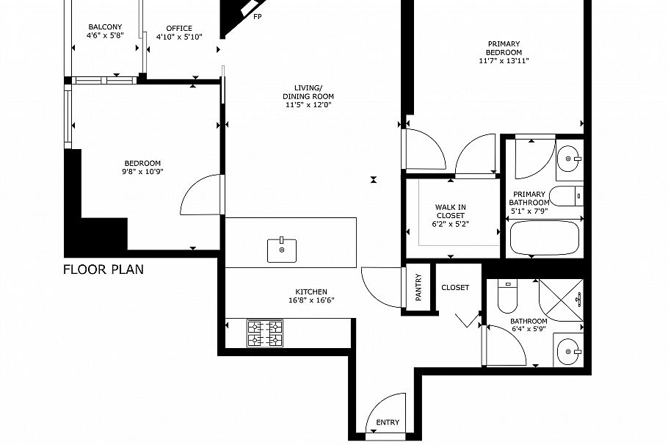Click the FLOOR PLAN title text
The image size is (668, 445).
click(x=103, y=269)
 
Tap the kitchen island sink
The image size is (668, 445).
click(x=282, y=250)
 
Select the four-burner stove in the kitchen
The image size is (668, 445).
click(x=265, y=333)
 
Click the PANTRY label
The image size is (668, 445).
click(x=418, y=289)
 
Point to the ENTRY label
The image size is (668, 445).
click(x=388, y=423)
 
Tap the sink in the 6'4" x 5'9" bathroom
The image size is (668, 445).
click(x=569, y=351)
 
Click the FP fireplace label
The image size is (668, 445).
click(x=257, y=15)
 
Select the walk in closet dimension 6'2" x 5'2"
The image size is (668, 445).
click(x=451, y=224)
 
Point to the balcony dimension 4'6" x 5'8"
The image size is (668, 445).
click(x=104, y=35)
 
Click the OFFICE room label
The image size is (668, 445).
click(x=179, y=28)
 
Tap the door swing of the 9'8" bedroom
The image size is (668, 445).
click(x=198, y=191)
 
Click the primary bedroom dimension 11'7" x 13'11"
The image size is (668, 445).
click(x=504, y=61)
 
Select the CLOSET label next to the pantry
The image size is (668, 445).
click(x=455, y=288)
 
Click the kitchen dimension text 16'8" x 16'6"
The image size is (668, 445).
click(x=311, y=300)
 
